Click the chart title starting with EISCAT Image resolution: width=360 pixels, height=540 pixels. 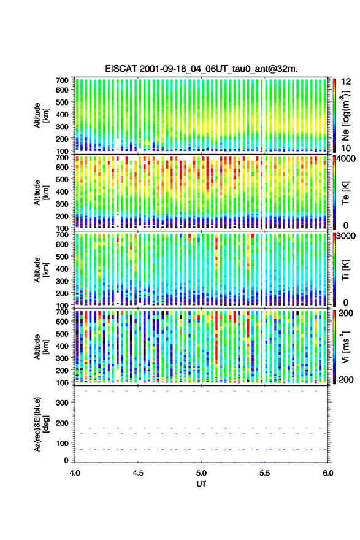201,69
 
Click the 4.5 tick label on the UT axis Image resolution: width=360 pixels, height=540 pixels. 138,473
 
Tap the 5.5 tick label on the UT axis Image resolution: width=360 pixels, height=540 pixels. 265,473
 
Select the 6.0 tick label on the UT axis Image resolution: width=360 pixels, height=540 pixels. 328,473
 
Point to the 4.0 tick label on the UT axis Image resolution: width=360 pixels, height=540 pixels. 75,473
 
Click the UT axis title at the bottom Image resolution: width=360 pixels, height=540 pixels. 201,484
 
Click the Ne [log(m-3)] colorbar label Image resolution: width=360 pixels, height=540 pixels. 345,115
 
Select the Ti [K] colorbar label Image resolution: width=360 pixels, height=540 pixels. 345,269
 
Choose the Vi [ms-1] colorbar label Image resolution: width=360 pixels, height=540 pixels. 345,347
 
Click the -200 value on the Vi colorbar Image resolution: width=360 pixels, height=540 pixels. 345,379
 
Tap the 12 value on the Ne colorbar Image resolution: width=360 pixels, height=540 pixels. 347,82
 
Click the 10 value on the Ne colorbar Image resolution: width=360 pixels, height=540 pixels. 347,148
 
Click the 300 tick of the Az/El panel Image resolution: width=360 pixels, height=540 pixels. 63,403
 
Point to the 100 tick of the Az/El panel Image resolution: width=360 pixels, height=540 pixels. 63,443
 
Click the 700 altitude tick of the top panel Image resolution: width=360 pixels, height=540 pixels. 63,80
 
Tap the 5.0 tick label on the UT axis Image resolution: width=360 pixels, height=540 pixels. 201,473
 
